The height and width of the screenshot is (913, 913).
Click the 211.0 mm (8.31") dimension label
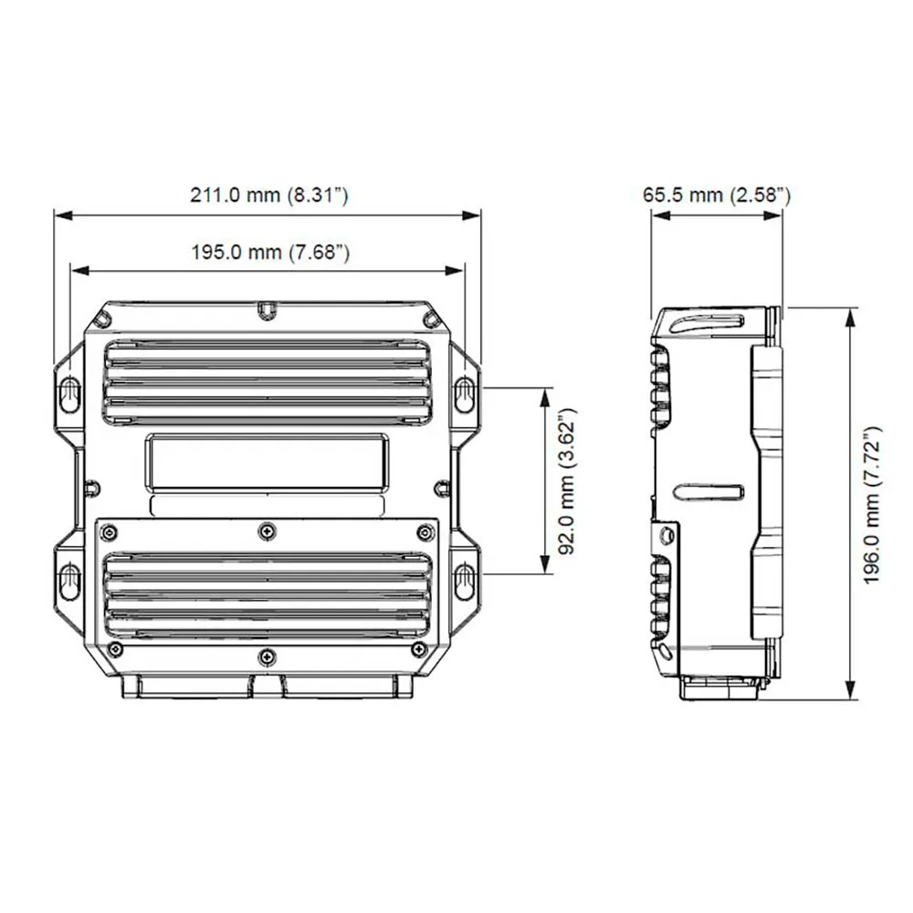click(268, 194)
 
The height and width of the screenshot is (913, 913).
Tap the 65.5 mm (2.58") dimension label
click(717, 194)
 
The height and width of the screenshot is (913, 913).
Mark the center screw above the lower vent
click(266, 530)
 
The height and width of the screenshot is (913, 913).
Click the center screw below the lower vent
click(266, 654)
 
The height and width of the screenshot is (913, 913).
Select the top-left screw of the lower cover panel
click(110, 532)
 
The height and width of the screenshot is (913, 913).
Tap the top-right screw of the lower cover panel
click(423, 532)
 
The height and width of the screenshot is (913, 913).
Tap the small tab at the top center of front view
click(265, 310)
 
